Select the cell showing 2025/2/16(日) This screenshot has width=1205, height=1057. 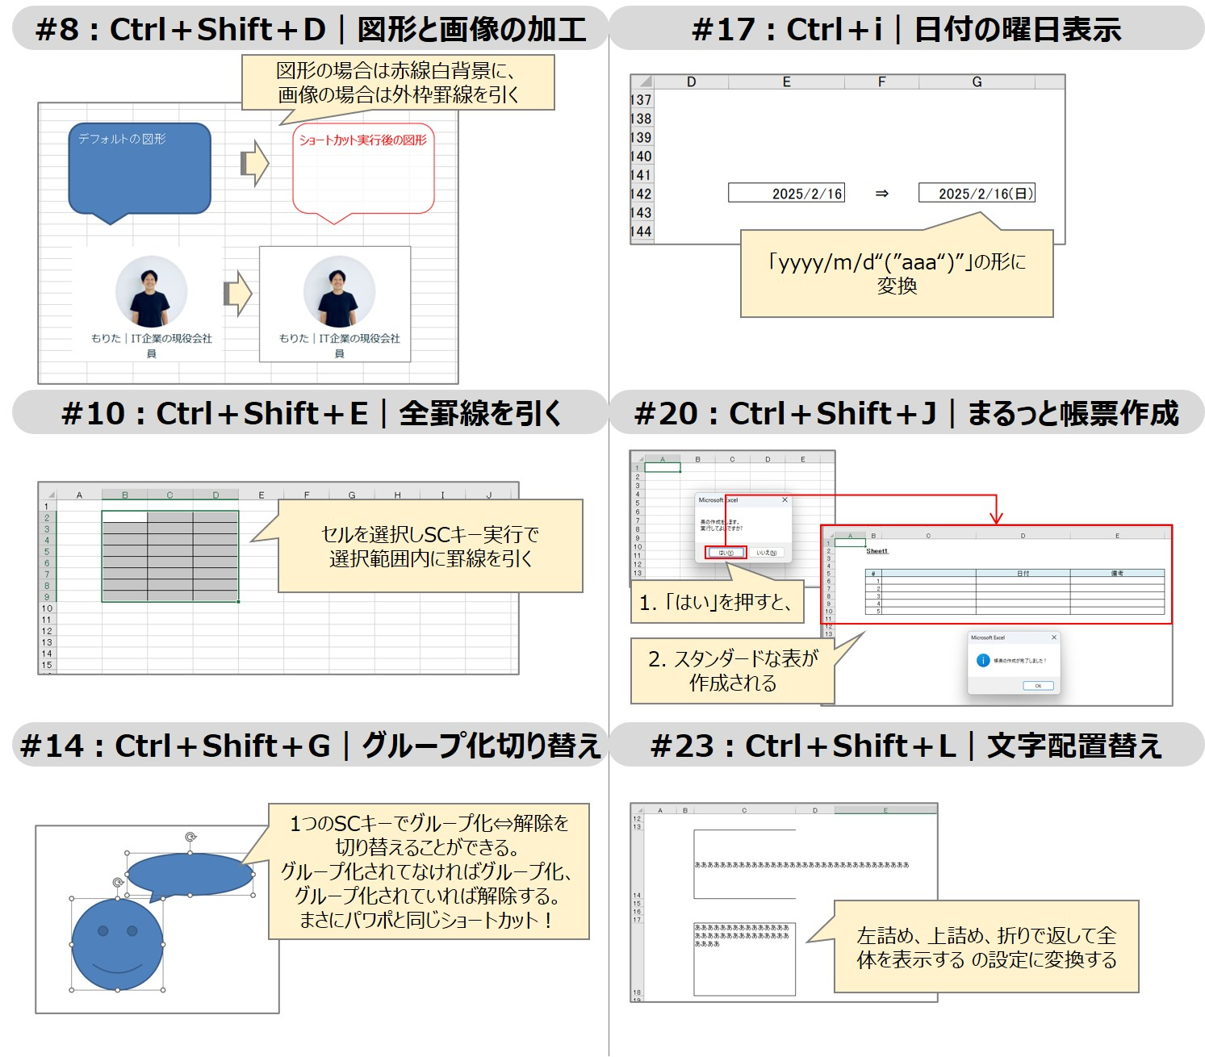tap(976, 194)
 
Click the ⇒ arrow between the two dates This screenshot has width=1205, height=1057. tap(881, 194)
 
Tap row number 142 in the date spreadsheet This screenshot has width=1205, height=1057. tap(641, 194)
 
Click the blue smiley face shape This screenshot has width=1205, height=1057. tap(118, 944)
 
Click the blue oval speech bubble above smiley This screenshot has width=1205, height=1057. tap(190, 875)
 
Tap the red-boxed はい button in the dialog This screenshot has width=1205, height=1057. tap(726, 553)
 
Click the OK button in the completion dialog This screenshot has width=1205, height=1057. tap(1037, 686)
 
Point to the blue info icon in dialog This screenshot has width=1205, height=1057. tap(982, 661)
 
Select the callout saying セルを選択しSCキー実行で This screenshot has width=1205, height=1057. tap(430, 546)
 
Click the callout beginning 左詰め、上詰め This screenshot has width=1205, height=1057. tap(986, 947)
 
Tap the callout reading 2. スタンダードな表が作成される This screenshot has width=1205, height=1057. tap(733, 671)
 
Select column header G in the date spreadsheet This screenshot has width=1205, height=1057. tap(977, 82)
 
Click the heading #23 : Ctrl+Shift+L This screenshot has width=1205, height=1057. tap(906, 746)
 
